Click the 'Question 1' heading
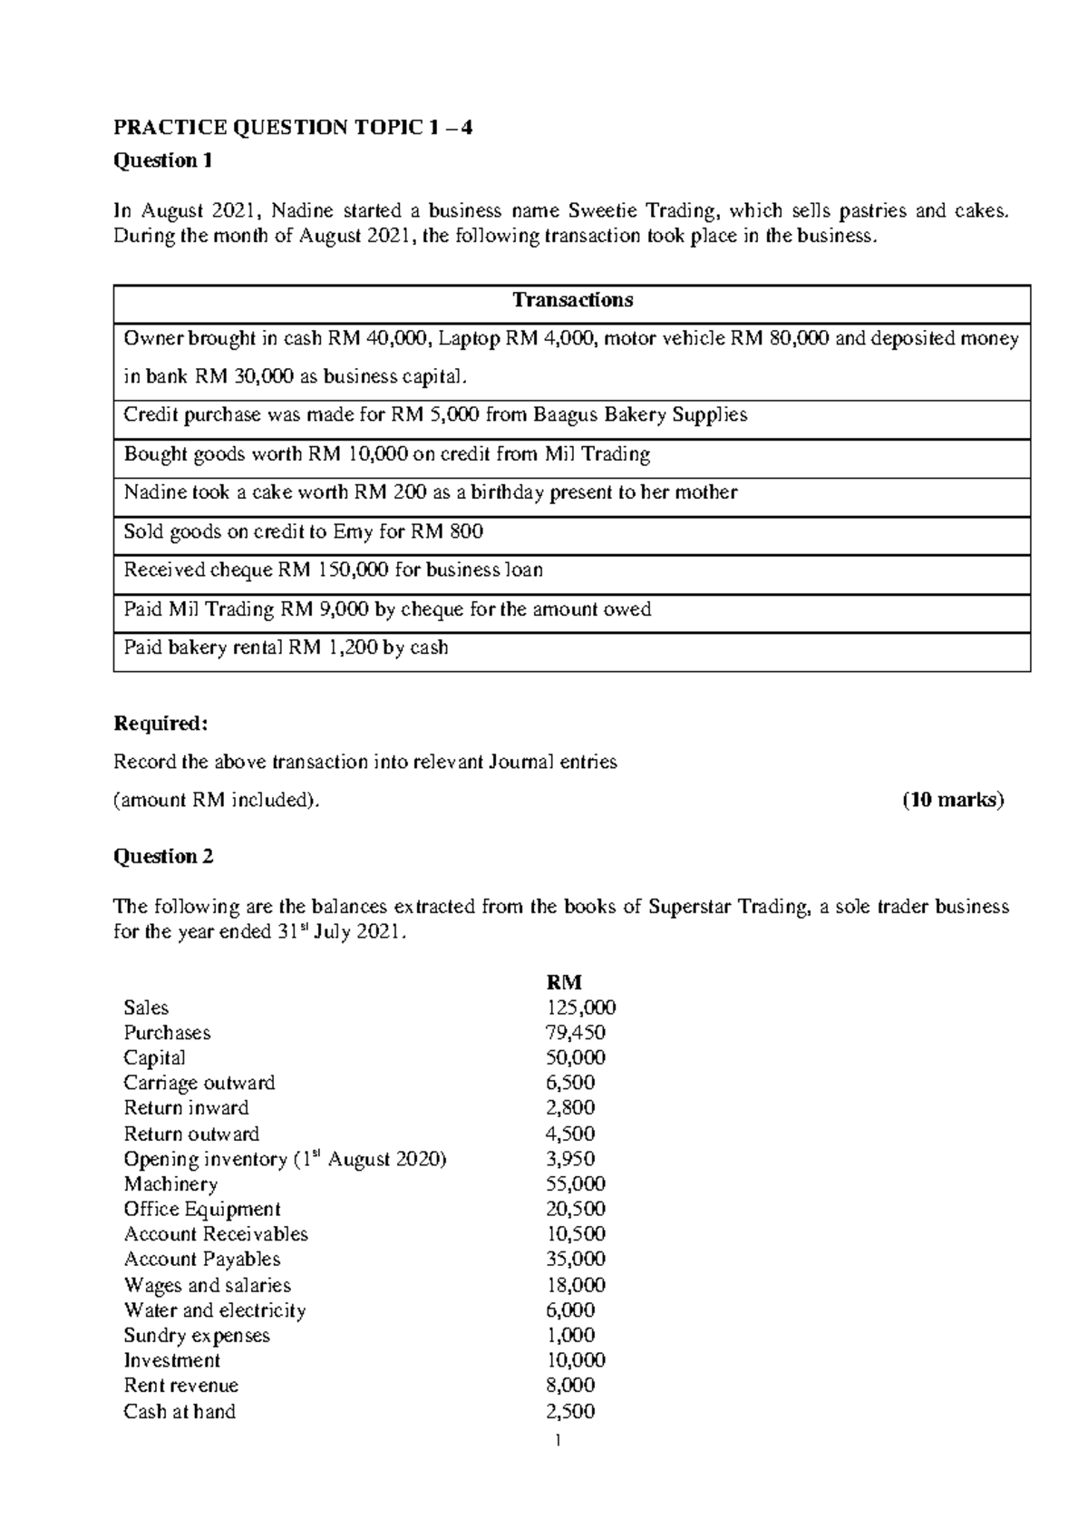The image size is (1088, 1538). (162, 161)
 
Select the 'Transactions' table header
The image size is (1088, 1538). (572, 300)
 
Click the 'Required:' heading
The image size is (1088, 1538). (160, 724)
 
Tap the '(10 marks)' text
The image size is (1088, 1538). (951, 801)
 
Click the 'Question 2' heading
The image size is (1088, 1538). (163, 857)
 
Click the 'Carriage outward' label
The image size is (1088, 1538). (199, 1083)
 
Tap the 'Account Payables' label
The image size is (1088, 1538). (202, 1260)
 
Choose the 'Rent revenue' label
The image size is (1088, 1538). (181, 1386)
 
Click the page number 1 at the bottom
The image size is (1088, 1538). (559, 1441)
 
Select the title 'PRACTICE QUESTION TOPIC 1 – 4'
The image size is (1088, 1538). (292, 128)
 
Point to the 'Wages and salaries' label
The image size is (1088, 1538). (208, 1285)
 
